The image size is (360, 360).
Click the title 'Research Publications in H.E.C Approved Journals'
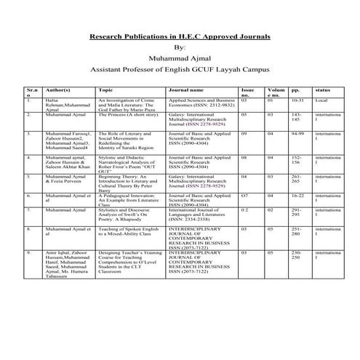tap(180, 36)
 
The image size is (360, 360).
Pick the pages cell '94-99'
tap(296, 135)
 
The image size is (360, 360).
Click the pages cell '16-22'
tap(297, 196)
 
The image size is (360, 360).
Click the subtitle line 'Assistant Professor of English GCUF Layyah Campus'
tap(180, 73)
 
